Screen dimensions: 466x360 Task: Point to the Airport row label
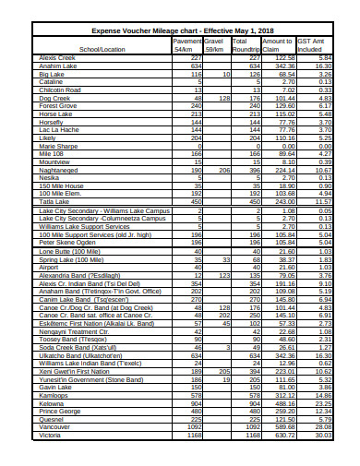[x=50, y=267]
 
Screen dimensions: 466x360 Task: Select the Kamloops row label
[x=54, y=420]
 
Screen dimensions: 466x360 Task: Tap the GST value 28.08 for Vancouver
[x=322, y=453]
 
